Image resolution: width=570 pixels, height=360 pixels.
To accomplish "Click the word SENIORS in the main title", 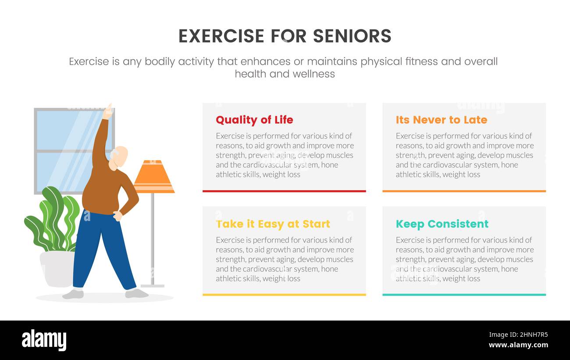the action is click(352, 36).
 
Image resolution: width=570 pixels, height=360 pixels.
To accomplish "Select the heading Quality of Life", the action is click(254, 120).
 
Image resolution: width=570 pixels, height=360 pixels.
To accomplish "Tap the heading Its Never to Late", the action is click(442, 120).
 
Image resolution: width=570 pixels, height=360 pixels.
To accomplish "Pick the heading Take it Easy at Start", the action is click(273, 224).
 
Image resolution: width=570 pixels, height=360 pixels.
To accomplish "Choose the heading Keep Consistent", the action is click(442, 224).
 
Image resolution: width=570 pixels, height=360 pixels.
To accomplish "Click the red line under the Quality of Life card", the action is click(284, 191).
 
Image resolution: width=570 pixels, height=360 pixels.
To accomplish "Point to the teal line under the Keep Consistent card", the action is click(464, 295).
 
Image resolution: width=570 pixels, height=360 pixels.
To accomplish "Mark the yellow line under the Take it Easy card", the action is click(284, 295).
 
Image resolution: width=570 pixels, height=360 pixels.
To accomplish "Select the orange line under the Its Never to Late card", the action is click(464, 191).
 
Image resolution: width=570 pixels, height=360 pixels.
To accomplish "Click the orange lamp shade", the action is click(154, 177).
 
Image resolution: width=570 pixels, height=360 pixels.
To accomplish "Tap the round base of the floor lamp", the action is click(153, 286).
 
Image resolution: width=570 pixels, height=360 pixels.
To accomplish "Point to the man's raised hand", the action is click(108, 111).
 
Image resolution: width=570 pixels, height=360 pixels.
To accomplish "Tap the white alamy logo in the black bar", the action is click(44, 340).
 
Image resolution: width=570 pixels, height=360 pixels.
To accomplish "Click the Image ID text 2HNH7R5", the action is click(534, 335).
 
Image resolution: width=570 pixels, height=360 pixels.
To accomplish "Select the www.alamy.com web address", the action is click(518, 345).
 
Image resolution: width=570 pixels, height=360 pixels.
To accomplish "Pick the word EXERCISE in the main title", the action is click(221, 36).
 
